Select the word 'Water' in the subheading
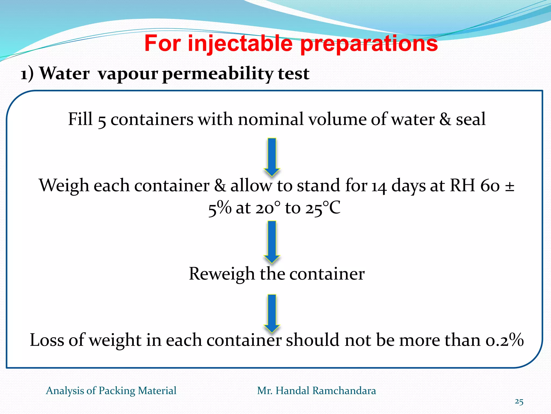click(65, 73)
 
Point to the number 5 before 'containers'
click(102, 120)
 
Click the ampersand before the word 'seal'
click(445, 119)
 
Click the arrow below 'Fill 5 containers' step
click(272, 156)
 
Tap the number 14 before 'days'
click(379, 187)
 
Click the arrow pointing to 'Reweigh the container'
click(272, 241)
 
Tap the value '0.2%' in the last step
click(504, 340)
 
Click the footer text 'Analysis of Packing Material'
click(111, 391)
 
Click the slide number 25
click(519, 402)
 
